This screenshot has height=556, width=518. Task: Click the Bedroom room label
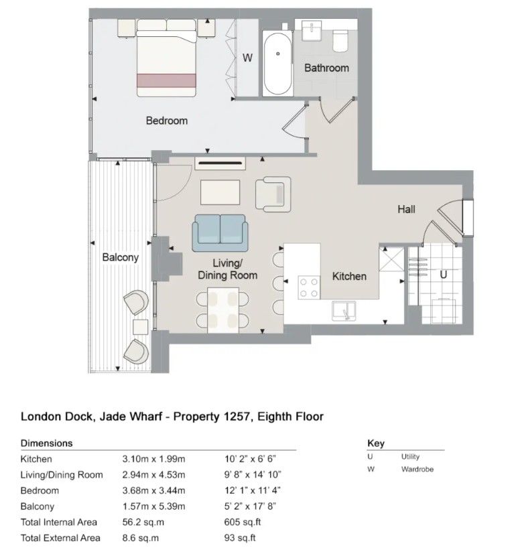[x=166, y=121]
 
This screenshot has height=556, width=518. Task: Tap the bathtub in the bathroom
[x=277, y=64]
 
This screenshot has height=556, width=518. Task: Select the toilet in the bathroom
[x=340, y=41]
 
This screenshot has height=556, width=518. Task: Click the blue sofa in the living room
[x=220, y=233]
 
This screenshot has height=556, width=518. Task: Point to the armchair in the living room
[x=273, y=194]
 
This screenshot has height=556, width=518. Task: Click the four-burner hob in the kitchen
[x=309, y=287]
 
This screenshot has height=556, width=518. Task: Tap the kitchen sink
[x=344, y=311]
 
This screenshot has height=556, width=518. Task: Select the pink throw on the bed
[x=166, y=80]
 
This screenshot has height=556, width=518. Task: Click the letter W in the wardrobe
[x=247, y=58]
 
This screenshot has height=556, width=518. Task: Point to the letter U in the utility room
[x=443, y=275]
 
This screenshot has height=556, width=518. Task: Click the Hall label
[x=406, y=209]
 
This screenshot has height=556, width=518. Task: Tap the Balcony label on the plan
[x=120, y=257]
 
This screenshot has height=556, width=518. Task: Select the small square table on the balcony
[x=141, y=327]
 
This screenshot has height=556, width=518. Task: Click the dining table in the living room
[x=223, y=310]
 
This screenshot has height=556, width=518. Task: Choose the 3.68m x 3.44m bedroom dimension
[x=153, y=491]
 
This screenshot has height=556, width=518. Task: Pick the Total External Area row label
[x=60, y=538]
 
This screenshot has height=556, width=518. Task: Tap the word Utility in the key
[x=410, y=457]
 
